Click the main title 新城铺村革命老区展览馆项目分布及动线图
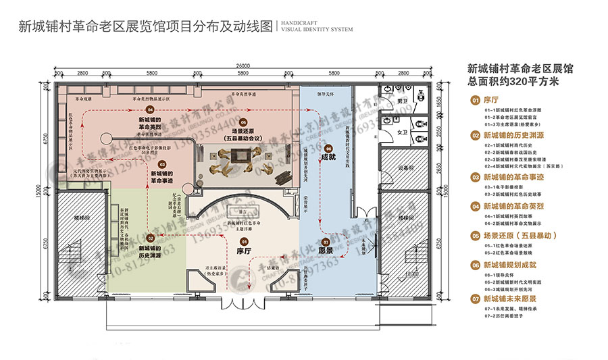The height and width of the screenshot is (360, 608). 145,27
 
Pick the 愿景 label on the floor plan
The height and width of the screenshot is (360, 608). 327,250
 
